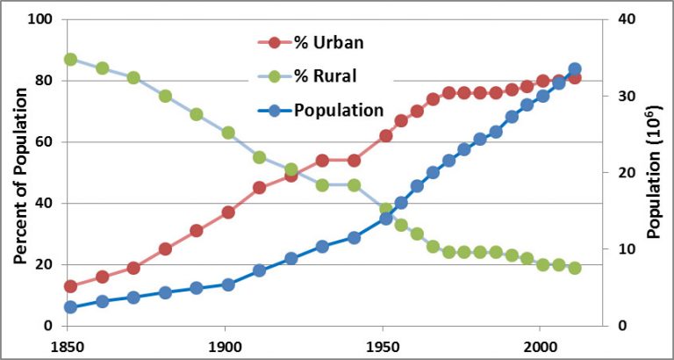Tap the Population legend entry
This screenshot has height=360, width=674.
(x=338, y=110)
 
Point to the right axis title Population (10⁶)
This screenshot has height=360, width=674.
(x=654, y=173)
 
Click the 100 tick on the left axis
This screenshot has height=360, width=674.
(x=40, y=19)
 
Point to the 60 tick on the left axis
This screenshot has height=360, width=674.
(x=44, y=142)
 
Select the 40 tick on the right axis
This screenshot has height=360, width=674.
(x=626, y=19)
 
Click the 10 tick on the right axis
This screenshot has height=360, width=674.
(x=626, y=249)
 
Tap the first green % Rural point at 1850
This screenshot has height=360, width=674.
(x=70, y=60)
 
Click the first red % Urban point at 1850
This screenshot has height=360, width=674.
(x=70, y=286)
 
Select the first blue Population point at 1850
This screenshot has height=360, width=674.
(x=70, y=307)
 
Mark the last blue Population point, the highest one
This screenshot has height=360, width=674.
(x=575, y=68)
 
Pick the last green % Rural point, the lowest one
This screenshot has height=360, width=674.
(x=575, y=268)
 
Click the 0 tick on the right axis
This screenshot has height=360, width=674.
(x=622, y=326)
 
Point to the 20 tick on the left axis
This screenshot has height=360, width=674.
(x=44, y=265)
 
